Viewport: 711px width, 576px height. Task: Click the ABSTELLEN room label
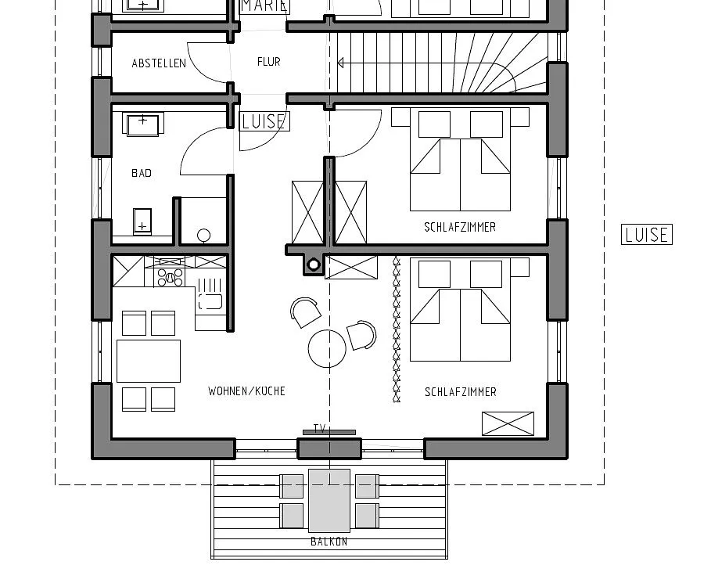click(159, 63)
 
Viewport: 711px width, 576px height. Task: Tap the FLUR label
click(268, 62)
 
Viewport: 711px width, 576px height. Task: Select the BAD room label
click(142, 173)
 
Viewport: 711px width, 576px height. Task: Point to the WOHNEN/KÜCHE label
click(246, 391)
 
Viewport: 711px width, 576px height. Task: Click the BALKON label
click(329, 541)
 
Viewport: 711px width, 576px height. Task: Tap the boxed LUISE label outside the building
click(647, 235)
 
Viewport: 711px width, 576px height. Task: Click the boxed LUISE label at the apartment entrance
click(264, 121)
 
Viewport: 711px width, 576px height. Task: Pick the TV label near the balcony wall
click(320, 428)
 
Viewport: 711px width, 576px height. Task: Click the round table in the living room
click(327, 348)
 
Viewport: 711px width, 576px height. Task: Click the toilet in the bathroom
click(203, 236)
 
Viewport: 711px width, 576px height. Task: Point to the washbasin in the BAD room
click(142, 124)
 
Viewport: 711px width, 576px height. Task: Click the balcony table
click(329, 501)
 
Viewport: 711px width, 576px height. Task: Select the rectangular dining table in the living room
click(149, 361)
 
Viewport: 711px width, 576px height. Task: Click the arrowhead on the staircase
click(340, 63)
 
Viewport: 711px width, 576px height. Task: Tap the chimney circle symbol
click(314, 265)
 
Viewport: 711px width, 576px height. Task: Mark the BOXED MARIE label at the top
click(264, 6)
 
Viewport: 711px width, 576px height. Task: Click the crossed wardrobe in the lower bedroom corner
click(508, 423)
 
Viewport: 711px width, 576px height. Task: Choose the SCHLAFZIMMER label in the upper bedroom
click(460, 227)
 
